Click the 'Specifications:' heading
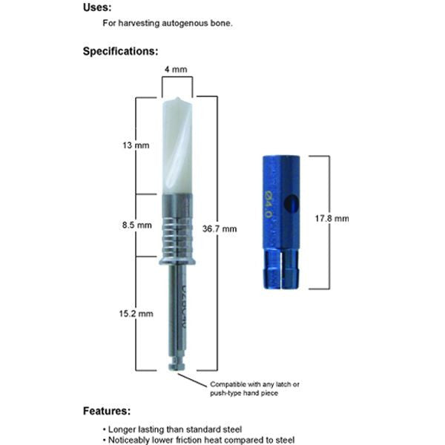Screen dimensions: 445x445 (119, 51)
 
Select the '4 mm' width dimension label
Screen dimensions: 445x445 (177, 70)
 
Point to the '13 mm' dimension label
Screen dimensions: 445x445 (138, 145)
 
